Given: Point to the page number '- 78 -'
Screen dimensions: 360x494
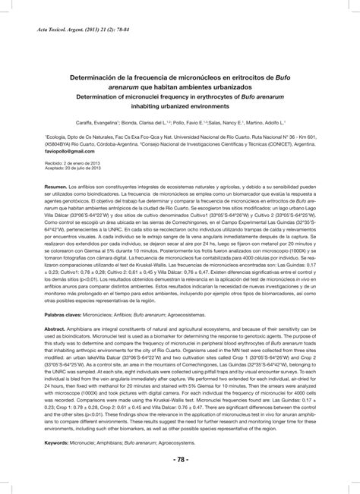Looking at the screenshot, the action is [181, 461].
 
